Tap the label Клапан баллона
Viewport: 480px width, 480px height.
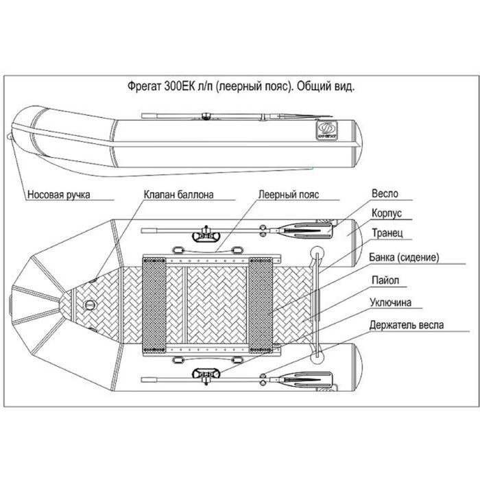179,194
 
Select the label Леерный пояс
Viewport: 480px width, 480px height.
289,194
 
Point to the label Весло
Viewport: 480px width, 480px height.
385,194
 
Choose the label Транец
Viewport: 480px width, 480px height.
387,234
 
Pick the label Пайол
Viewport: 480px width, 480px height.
385,280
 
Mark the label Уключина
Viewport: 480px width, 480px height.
394,302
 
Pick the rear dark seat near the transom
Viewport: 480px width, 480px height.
261,302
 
